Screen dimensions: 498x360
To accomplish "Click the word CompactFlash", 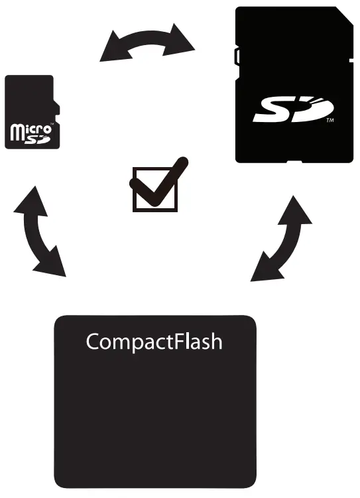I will pos(154,342).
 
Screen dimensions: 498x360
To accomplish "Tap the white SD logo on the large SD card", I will pos(291,111).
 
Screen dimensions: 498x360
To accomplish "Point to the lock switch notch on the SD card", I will pos(237,57).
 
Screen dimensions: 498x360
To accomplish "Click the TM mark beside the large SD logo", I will pos(329,123).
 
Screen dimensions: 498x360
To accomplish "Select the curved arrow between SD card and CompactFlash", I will pos(282,239).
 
